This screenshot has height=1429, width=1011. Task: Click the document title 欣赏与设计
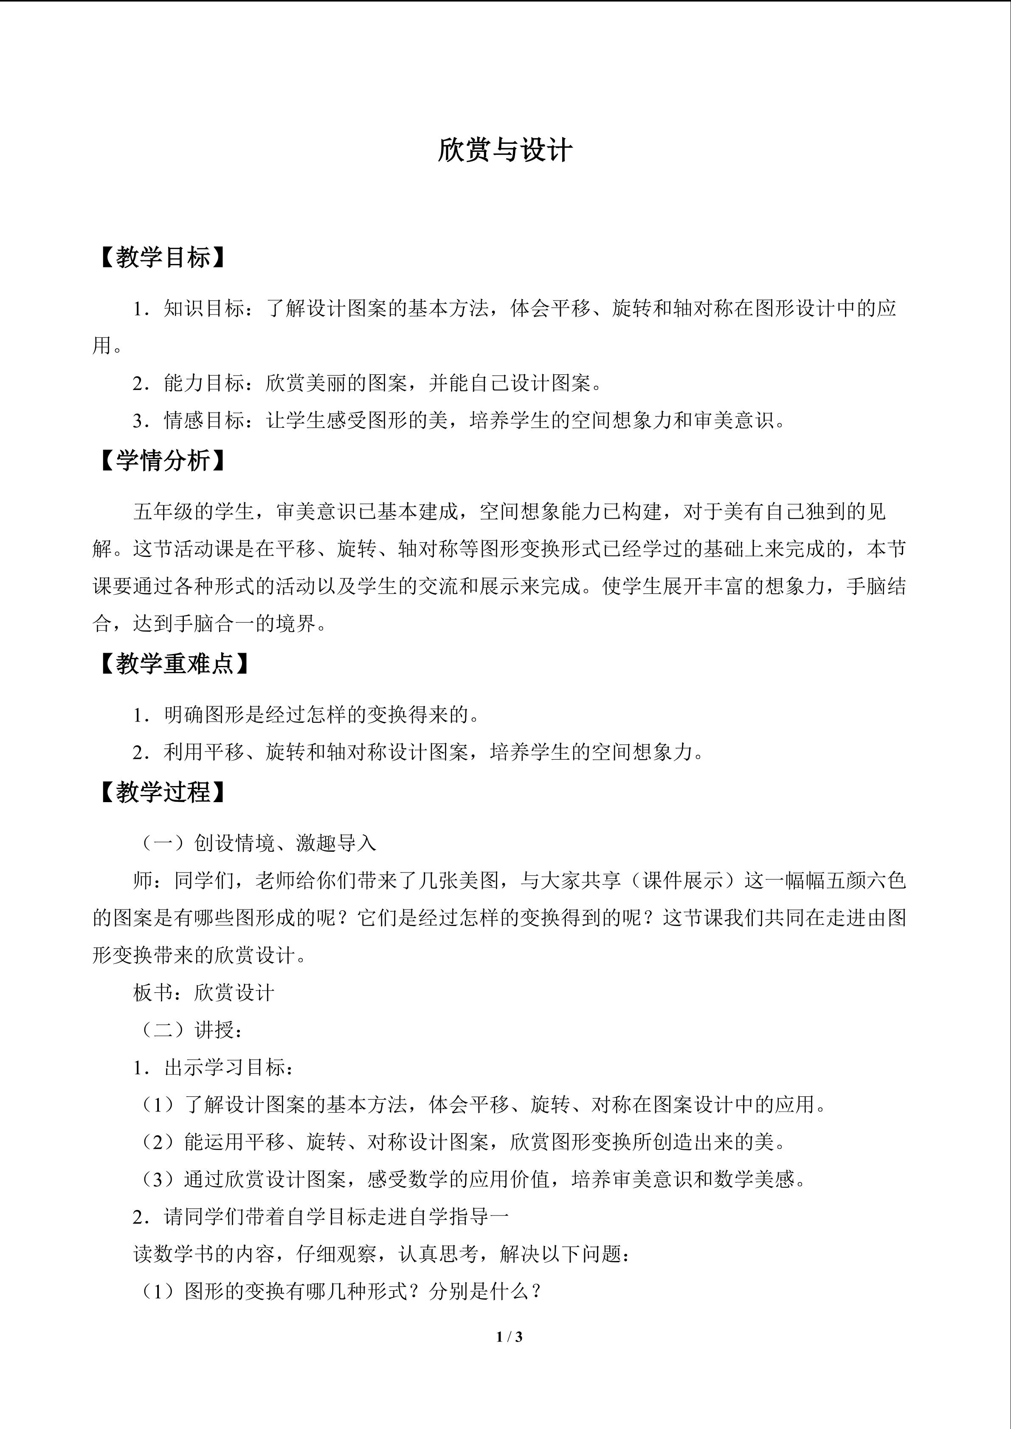[505, 151]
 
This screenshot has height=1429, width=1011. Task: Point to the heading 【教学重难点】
[175, 664]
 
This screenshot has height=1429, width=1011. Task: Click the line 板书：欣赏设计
[203, 992]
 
